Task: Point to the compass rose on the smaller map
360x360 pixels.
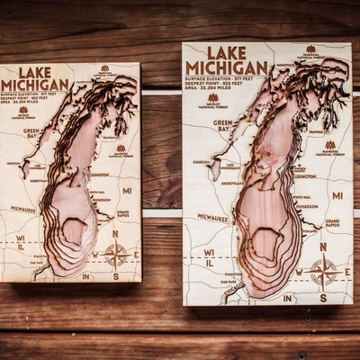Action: click(x=116, y=253)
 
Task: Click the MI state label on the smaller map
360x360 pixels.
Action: click(x=127, y=191)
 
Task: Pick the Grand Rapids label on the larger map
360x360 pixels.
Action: click(x=332, y=222)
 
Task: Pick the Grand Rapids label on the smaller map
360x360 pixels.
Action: click(x=128, y=214)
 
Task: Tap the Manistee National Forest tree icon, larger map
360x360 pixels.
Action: click(x=329, y=145)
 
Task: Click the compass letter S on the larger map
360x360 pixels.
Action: click(x=323, y=297)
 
